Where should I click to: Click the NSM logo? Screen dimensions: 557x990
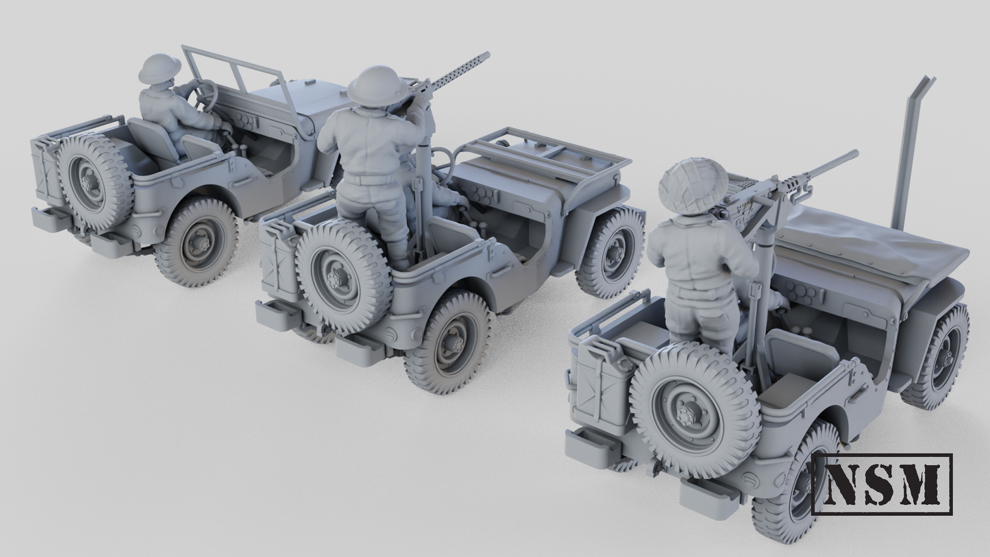pyautogui.click(x=881, y=484)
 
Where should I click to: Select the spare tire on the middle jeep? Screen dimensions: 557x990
pyautogui.click(x=343, y=276)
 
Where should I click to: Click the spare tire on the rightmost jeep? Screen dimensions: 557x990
pyautogui.click(x=693, y=410)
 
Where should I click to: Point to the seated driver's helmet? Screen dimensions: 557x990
pyautogui.click(x=160, y=68)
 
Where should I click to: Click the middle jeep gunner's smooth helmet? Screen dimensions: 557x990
pyautogui.click(x=377, y=86)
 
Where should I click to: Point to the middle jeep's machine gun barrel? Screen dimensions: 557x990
pyautogui.click(x=460, y=71)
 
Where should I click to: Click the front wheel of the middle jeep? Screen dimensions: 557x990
pyautogui.click(x=610, y=252)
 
